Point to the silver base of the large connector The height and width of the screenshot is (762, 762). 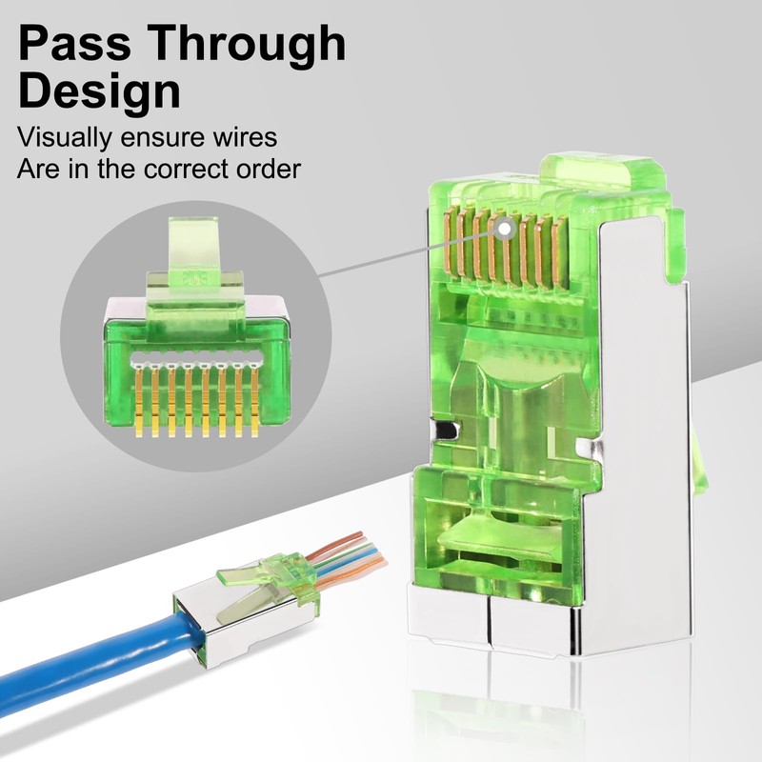(495, 619)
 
